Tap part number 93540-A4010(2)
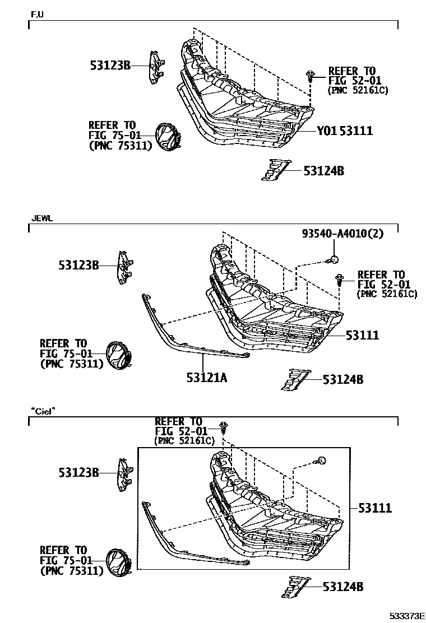pyautogui.click(x=342, y=234)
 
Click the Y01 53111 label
pyautogui.click(x=345, y=131)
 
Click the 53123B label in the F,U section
pyautogui.click(x=110, y=66)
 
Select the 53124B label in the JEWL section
pyautogui.click(x=342, y=380)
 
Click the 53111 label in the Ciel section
pyautogui.click(x=376, y=508)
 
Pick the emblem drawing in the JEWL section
pyautogui.click(x=119, y=355)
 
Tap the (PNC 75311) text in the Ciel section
pyautogui.click(x=72, y=571)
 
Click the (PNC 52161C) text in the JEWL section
pyautogui.click(x=387, y=294)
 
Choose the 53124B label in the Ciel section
pyautogui.click(x=342, y=587)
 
